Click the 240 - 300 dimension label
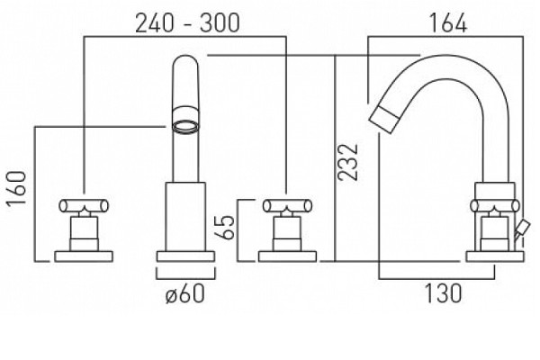[x=187, y=23]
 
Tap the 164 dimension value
[x=447, y=23]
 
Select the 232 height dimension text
[x=347, y=162]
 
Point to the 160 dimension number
[x=16, y=188]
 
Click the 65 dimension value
[x=224, y=228]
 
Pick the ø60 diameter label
[x=184, y=294]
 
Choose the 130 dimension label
[x=443, y=293]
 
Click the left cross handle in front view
[x=84, y=206]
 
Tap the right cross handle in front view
[x=287, y=206]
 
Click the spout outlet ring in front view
[x=185, y=126]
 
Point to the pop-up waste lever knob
[x=521, y=228]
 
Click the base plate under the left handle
[x=84, y=256]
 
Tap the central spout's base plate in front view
[x=185, y=256]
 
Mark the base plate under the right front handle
[x=287, y=256]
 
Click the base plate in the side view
[x=495, y=256]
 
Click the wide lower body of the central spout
[x=185, y=216]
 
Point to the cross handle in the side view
[x=495, y=206]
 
